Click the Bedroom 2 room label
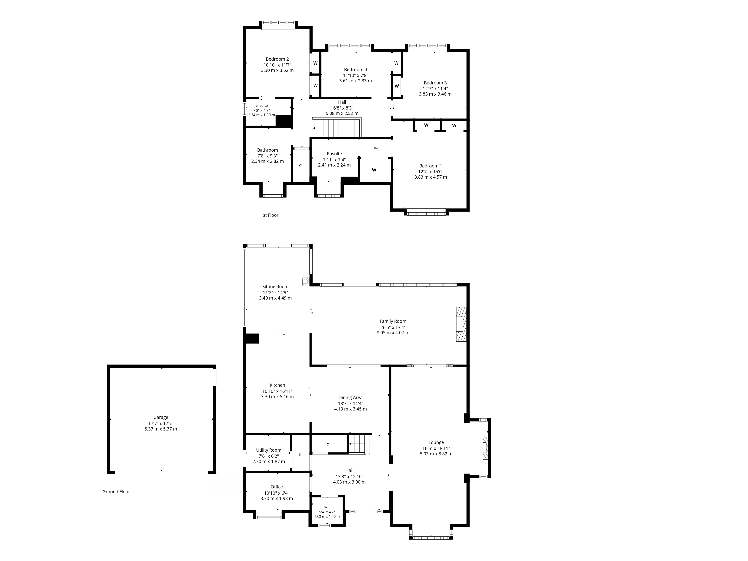pos(277,59)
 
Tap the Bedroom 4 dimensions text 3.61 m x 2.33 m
pos(355,81)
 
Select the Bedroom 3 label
pos(435,83)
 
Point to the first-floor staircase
pos(337,128)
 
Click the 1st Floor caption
pos(270,215)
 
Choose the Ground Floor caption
pos(116,492)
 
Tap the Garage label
pos(161,417)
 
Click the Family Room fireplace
pos(461,324)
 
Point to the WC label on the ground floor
pos(327,507)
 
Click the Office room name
pos(277,487)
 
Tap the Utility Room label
pos(268,450)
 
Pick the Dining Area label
pos(350,398)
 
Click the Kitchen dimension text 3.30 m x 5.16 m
pos(277,397)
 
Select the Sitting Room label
pos(275,287)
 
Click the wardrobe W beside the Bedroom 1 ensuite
pos(374,170)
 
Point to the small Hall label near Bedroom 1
pos(375,148)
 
